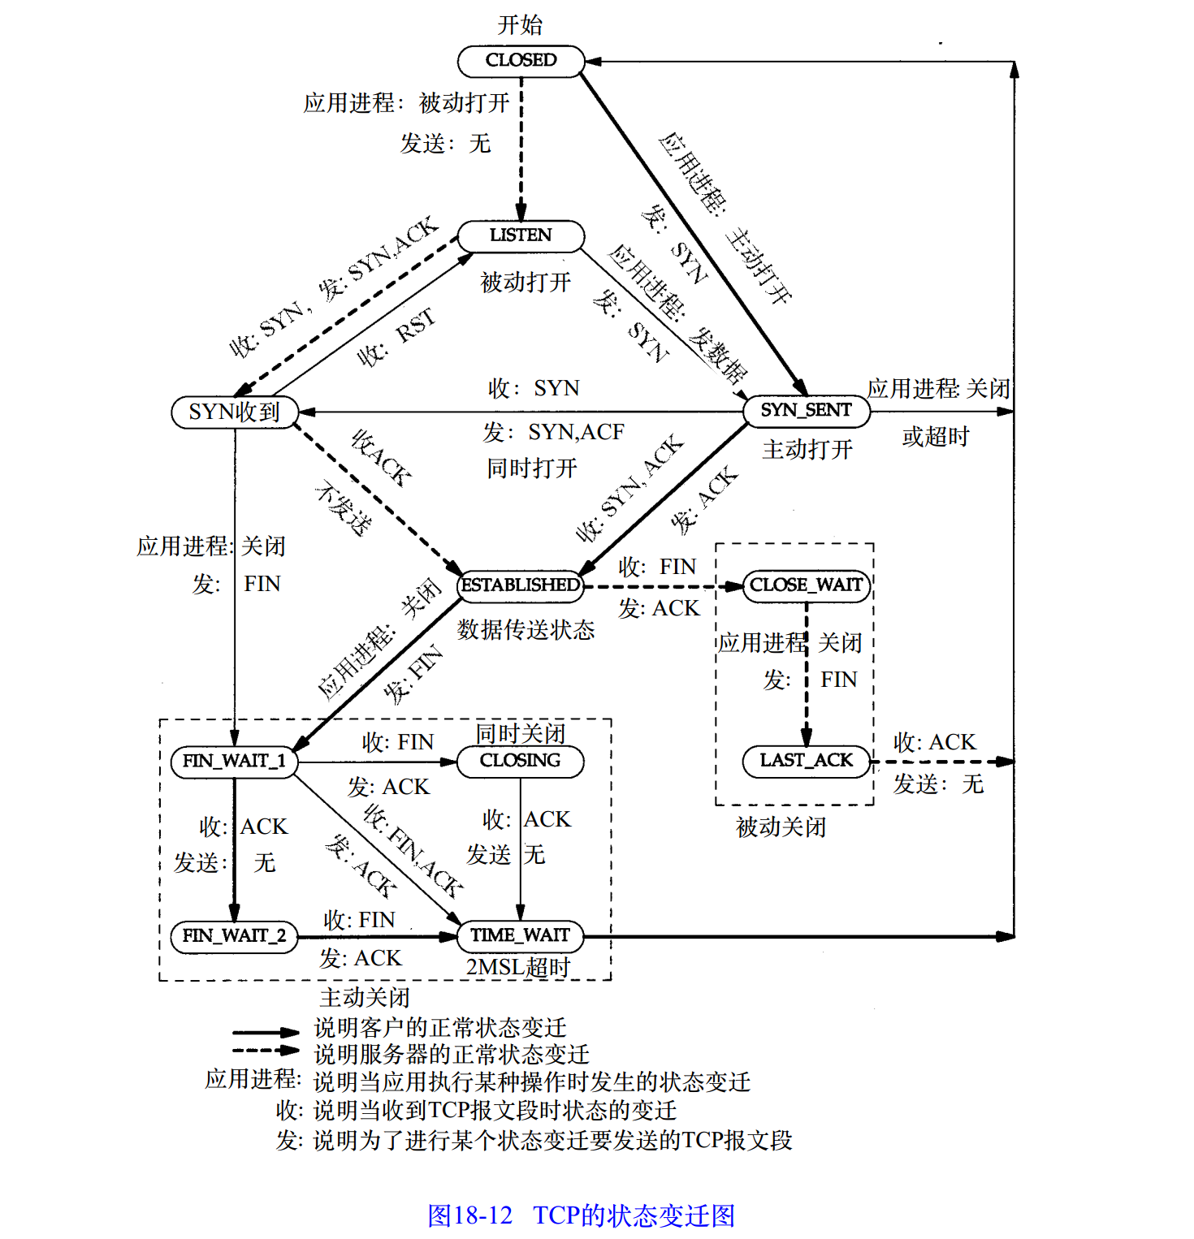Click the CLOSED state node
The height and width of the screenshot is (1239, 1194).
point(521,61)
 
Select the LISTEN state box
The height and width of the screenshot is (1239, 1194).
point(521,235)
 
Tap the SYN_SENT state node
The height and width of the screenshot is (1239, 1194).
point(807,411)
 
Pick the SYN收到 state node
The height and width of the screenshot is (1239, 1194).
point(235,412)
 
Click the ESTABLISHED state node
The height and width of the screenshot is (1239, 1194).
point(521,585)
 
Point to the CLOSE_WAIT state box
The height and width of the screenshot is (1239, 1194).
point(807,585)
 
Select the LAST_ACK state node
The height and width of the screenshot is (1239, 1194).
point(807,761)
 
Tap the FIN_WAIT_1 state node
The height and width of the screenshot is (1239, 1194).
point(235,762)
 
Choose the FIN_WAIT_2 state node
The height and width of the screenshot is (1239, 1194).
point(235,936)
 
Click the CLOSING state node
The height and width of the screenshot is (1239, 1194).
point(521,761)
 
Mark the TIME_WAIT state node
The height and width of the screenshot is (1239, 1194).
point(521,935)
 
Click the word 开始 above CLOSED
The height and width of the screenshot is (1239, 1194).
point(520,24)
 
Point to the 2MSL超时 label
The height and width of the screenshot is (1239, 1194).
point(518,967)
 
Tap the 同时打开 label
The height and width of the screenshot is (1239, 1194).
point(532,468)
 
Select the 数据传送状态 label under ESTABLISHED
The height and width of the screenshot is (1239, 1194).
point(526,629)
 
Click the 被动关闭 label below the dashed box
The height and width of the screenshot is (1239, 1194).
point(781,827)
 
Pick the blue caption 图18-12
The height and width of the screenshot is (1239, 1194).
point(470,1215)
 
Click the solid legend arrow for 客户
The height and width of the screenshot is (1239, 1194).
point(266,1032)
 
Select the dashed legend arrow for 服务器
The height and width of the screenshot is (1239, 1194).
point(266,1050)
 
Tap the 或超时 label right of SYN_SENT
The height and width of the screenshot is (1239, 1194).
point(936,437)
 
